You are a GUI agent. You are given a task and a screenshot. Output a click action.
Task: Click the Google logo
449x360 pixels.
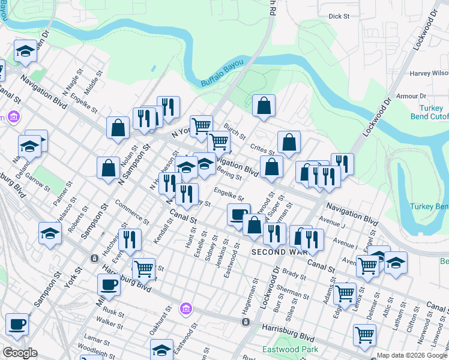(19, 353)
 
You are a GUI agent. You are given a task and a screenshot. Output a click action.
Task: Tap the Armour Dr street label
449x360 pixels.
(411, 96)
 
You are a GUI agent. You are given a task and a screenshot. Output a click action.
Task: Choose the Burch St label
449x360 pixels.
(235, 130)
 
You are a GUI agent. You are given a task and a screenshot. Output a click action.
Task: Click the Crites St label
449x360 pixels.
(262, 148)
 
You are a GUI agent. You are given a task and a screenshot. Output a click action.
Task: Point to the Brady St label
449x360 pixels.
(294, 275)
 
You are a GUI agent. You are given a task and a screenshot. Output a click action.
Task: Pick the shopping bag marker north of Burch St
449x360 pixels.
(264, 106)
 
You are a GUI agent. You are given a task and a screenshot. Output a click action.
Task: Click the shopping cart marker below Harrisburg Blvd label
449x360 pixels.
(364, 335)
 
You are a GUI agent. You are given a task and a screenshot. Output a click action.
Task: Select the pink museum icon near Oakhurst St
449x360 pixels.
(186, 309)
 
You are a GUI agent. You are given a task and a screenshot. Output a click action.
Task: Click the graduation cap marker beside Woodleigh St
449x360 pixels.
(161, 350)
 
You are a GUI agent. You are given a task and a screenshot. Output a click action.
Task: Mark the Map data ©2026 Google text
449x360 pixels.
(412, 355)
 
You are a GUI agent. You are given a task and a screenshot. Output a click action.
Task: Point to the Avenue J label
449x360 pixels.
(335, 224)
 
